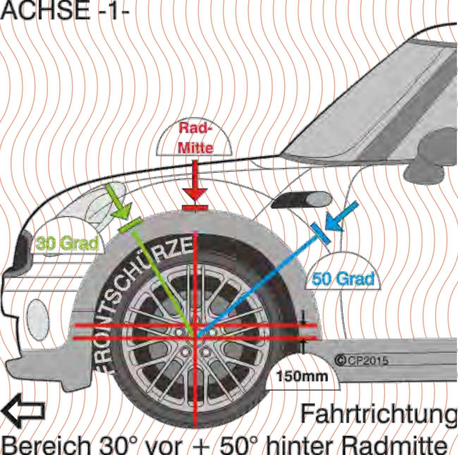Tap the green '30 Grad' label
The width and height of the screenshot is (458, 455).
pyautogui.click(x=67, y=244)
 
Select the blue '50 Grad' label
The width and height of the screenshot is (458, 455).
pyautogui.click(x=343, y=279)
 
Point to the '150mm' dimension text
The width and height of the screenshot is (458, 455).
pyautogui.click(x=301, y=376)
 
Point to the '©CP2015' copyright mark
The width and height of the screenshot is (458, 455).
pyautogui.click(x=361, y=360)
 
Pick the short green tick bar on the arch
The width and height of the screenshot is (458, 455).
pyautogui.click(x=130, y=225)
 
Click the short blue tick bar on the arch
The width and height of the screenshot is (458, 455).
pyautogui.click(x=321, y=233)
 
